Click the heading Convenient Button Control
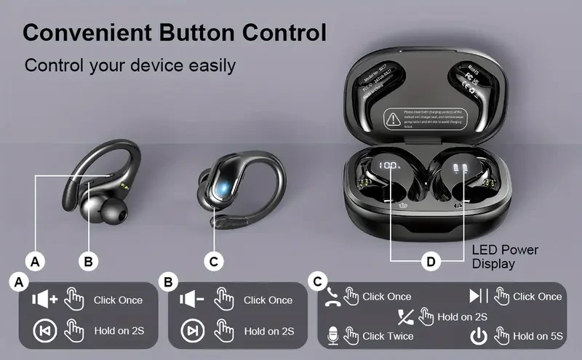[x=174, y=32]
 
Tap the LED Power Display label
[x=505, y=256]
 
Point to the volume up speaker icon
[x=44, y=300]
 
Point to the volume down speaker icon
[x=192, y=300]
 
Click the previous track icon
[x=44, y=331]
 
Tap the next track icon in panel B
[x=192, y=331]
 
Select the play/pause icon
[x=478, y=296]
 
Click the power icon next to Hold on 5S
[x=478, y=336]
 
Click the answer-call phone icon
[x=332, y=296]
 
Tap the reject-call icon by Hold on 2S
[x=405, y=316]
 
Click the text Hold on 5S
[x=538, y=336]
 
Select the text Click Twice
[x=388, y=336]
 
